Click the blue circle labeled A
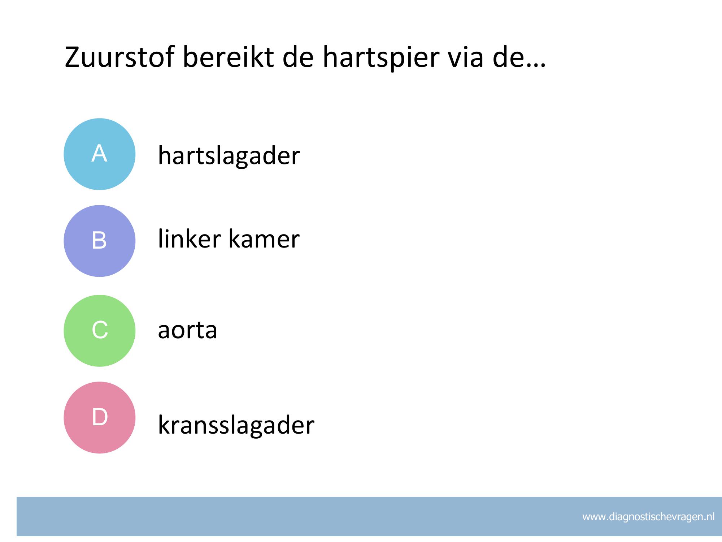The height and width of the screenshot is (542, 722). click(x=100, y=154)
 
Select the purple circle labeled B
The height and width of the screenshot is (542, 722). click(x=100, y=241)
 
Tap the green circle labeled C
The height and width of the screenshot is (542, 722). click(x=100, y=331)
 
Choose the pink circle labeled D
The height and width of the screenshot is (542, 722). click(x=100, y=417)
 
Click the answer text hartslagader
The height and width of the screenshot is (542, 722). click(x=229, y=155)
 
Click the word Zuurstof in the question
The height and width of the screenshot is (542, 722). click(x=119, y=57)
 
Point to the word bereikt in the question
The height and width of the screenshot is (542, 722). click(x=228, y=57)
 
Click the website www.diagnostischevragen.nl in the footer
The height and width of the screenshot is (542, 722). click(x=648, y=517)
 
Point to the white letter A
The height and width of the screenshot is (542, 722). click(x=99, y=153)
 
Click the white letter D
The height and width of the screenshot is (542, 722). click(x=100, y=417)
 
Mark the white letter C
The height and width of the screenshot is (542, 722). click(x=100, y=330)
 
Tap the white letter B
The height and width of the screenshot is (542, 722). click(x=99, y=240)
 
